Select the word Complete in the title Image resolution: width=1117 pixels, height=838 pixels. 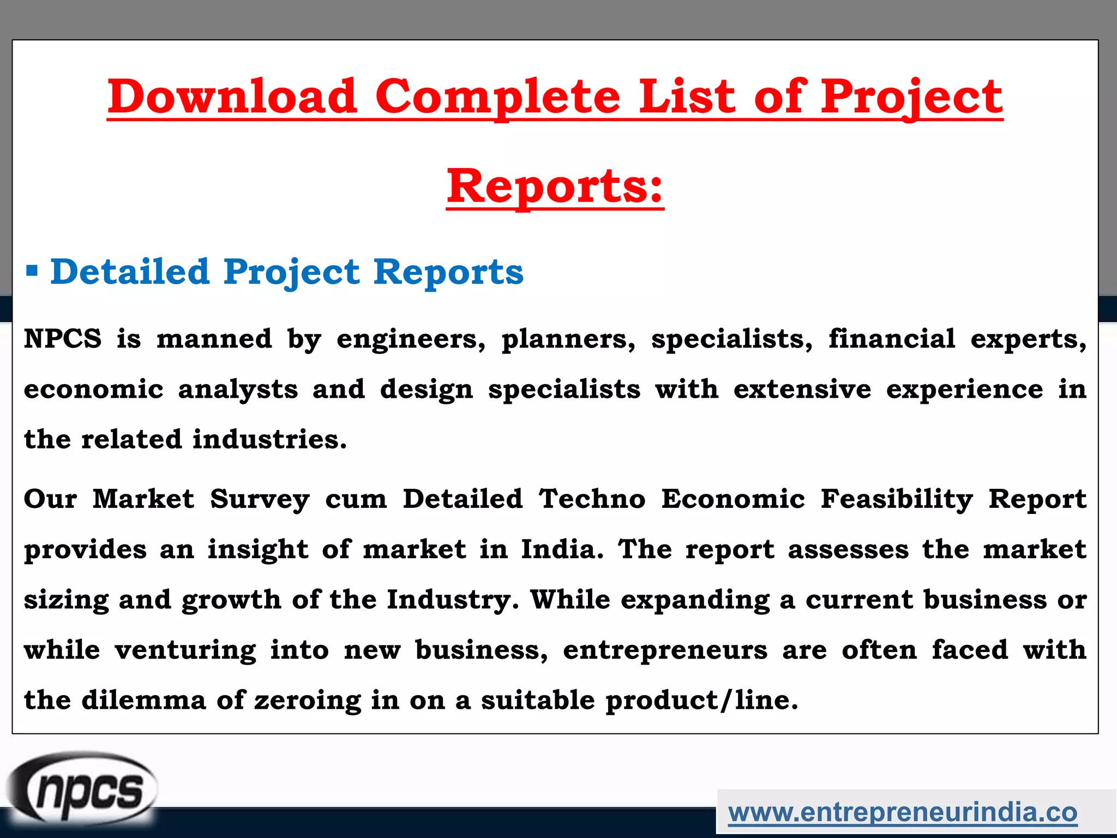pos(498,97)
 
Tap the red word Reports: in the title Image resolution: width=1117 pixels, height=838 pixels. pos(555,186)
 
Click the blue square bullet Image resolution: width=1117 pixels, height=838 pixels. pos(32,271)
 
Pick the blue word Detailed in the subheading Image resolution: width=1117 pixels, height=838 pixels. pos(130,271)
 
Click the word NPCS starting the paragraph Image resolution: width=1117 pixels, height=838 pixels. pos(63,339)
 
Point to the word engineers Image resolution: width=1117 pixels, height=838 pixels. pos(410,339)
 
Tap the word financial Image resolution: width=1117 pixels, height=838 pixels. pos(892,339)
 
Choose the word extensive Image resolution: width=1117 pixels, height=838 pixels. pos(802,390)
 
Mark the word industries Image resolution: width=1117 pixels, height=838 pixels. pos(269,440)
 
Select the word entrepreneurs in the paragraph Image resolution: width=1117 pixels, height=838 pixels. pos(665,650)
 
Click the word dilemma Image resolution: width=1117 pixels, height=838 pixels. pos(144,700)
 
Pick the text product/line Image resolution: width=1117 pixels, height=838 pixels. pos(701,701)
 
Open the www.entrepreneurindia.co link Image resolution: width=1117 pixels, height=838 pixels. pos(903,812)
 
